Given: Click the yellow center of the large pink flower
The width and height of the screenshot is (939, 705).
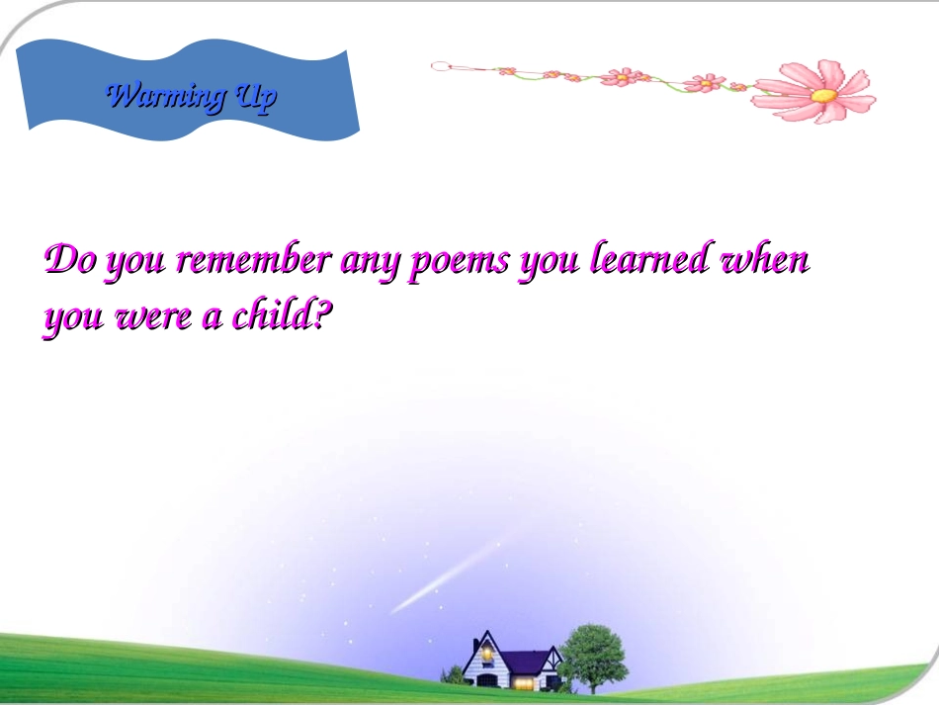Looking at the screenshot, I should pos(823,96).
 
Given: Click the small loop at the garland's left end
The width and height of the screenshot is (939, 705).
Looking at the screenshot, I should pos(440,66).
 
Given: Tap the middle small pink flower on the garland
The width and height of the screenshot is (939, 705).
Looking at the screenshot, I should pos(623,77).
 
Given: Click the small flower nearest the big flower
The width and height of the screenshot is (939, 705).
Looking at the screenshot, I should pos(705,83).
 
